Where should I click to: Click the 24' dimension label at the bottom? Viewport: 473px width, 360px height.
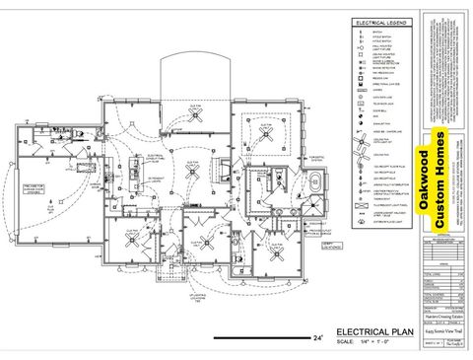tap(316, 337)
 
